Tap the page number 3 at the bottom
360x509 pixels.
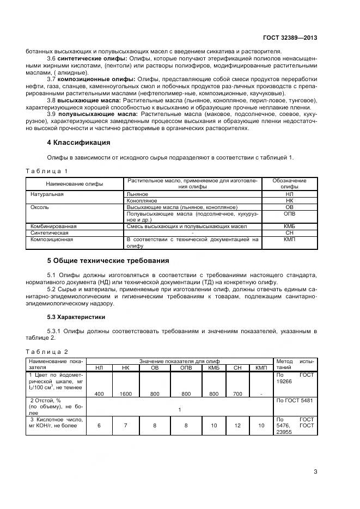(315, 471)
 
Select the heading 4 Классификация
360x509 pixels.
(78, 143)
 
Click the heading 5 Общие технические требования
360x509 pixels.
(108, 260)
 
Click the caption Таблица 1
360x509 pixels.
(47, 171)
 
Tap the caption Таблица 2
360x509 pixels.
(47, 351)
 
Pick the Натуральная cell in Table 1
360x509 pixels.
(47, 194)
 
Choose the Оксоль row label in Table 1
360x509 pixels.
(40, 207)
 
